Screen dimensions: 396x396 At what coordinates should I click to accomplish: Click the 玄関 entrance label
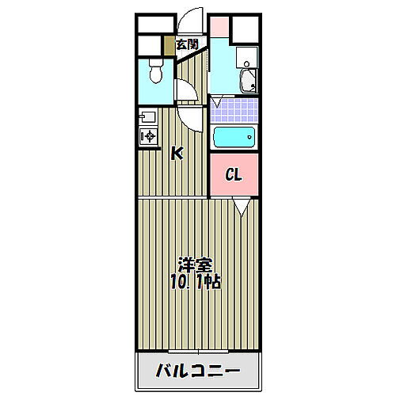click(x=187, y=44)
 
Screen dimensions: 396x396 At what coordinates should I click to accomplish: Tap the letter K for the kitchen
click(x=177, y=154)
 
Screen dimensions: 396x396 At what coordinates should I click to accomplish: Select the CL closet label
click(x=233, y=174)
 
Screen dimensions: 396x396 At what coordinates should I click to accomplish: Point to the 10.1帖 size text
click(x=194, y=282)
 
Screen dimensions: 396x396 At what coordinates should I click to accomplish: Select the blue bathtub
click(x=234, y=138)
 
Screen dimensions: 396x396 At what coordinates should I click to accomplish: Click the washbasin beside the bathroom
click(x=246, y=79)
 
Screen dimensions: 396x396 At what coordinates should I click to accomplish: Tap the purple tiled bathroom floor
click(x=234, y=107)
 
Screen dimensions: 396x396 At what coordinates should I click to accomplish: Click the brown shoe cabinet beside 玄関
click(x=169, y=46)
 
